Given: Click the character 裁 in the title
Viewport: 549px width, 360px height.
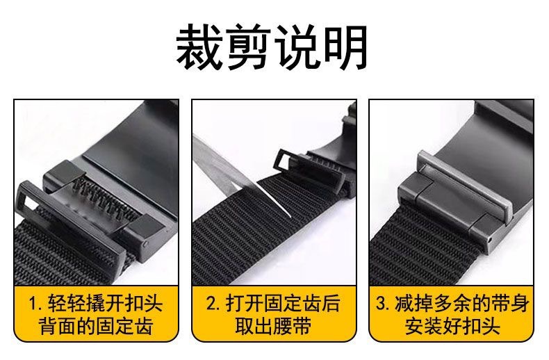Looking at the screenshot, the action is [x=199, y=47].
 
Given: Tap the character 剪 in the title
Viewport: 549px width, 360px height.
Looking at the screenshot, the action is [x=248, y=47].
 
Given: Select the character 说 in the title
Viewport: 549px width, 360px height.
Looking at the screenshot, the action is [x=297, y=47].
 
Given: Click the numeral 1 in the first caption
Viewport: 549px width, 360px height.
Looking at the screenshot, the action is [x=33, y=304].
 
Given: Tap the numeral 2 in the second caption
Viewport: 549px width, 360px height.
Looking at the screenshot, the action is [x=211, y=304].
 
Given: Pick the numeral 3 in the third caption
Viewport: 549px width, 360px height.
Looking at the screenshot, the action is [x=382, y=304].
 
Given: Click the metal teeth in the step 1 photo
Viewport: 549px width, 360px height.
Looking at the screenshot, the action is [x=105, y=195].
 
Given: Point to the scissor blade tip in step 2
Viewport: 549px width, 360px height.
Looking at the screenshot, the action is [x=290, y=216].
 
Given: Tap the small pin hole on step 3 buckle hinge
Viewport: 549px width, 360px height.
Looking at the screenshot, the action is [x=490, y=240].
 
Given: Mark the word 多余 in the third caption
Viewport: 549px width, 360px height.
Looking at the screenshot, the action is [x=452, y=304].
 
